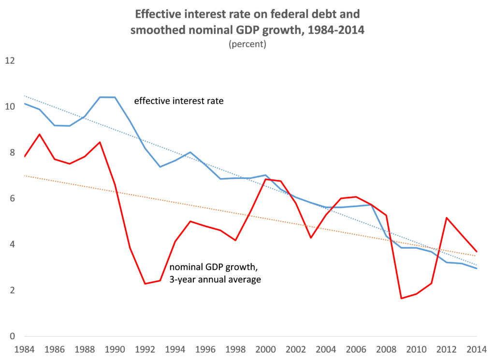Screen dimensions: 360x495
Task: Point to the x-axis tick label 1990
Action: [x=115, y=348]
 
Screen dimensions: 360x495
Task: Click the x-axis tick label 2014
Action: [x=477, y=348]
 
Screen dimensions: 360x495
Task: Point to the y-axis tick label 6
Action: [x=13, y=199]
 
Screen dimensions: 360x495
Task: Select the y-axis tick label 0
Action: [x=13, y=337]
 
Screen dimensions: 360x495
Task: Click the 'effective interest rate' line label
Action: [x=175, y=102]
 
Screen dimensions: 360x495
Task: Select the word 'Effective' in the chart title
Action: [x=160, y=13]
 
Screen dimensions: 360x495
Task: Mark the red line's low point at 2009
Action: [x=401, y=298]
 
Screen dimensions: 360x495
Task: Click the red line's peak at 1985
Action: [x=40, y=134]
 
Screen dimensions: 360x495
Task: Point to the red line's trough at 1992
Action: [x=145, y=284]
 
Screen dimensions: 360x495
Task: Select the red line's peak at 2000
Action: [x=266, y=180]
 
